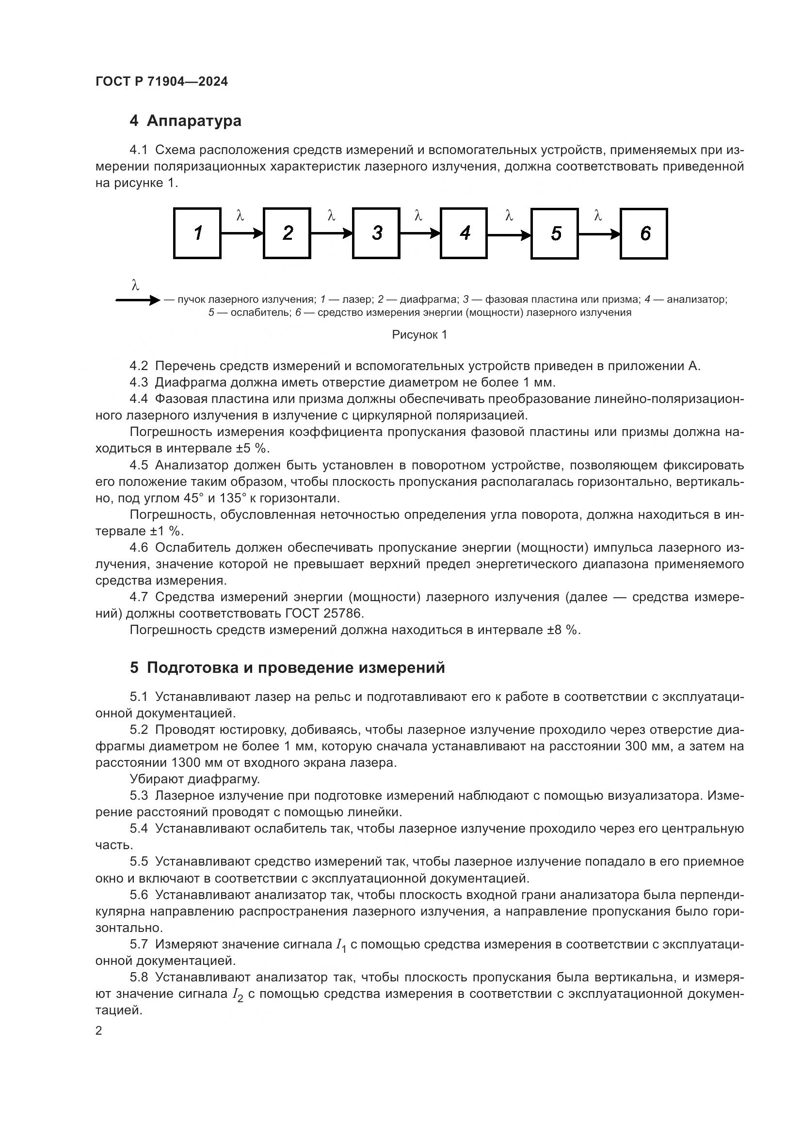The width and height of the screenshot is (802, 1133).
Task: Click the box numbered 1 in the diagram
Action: click(x=197, y=233)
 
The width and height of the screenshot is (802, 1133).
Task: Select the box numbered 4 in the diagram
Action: click(x=464, y=233)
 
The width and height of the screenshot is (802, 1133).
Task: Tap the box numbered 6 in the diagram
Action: click(x=644, y=233)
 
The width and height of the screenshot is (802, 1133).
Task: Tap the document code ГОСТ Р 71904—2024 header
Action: click(x=161, y=81)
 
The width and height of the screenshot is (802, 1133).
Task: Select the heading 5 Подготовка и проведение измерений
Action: click(x=287, y=667)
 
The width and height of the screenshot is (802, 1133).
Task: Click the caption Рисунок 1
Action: click(x=419, y=335)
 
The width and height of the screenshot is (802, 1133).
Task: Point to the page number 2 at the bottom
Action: click(x=99, y=1030)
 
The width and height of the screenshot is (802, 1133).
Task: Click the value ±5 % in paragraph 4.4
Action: click(x=251, y=448)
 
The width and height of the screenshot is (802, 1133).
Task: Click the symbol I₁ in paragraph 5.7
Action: click(x=341, y=945)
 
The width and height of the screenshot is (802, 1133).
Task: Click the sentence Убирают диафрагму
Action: click(x=194, y=779)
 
